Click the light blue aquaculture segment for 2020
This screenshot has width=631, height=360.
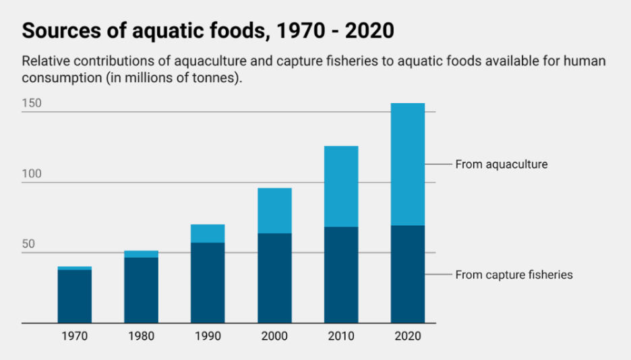tap(408, 164)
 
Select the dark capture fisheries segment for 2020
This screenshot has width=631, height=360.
tap(408, 274)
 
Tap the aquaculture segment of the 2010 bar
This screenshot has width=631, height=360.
tap(341, 186)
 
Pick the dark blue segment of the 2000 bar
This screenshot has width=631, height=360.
tap(274, 278)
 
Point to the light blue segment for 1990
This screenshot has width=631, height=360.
tap(208, 233)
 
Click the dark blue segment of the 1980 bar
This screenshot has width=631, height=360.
tap(141, 290)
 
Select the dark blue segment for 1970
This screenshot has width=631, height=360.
tap(74, 296)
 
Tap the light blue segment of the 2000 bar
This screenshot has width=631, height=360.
tap(274, 210)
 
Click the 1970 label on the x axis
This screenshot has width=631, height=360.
tap(74, 336)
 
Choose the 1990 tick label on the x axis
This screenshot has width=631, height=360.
tap(208, 336)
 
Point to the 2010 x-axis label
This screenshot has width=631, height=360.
tap(341, 336)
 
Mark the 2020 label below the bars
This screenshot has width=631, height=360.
tap(408, 336)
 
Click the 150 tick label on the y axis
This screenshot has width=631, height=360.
tap(32, 103)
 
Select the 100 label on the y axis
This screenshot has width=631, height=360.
tap(32, 174)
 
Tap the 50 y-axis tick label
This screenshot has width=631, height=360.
tap(28, 244)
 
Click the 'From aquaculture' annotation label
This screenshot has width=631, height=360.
tap(501, 164)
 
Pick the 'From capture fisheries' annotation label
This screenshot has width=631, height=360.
tap(514, 274)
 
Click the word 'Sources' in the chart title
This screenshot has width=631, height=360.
tap(60, 31)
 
